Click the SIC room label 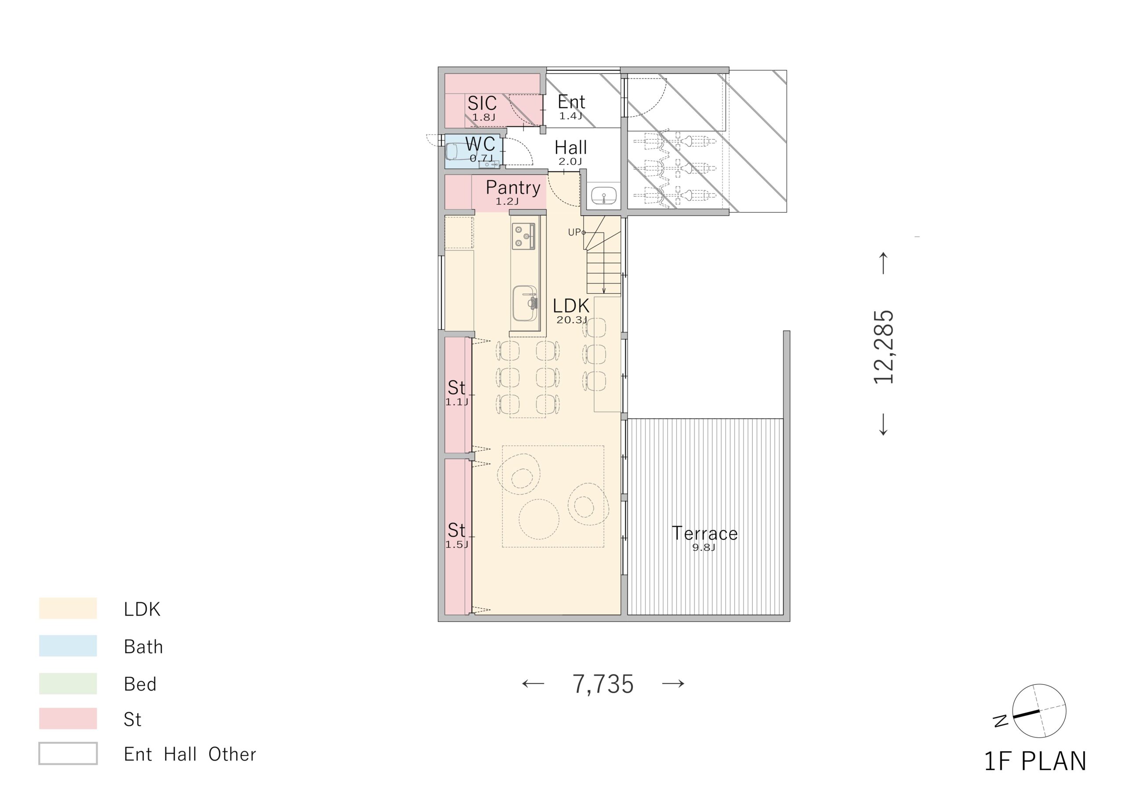(482, 103)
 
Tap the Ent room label (571, 102)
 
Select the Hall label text (571, 148)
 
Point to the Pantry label (513, 188)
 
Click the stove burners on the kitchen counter (524, 236)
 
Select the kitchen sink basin (525, 303)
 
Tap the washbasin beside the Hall (604, 196)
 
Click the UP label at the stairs (575, 232)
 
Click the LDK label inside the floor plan (571, 306)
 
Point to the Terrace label (704, 533)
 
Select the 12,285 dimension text (884, 346)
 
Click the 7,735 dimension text (603, 684)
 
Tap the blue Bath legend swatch (68, 646)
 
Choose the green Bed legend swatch (68, 683)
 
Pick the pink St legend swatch (68, 719)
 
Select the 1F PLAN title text (1035, 762)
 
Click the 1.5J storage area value (457, 545)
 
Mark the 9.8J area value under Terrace (704, 548)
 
